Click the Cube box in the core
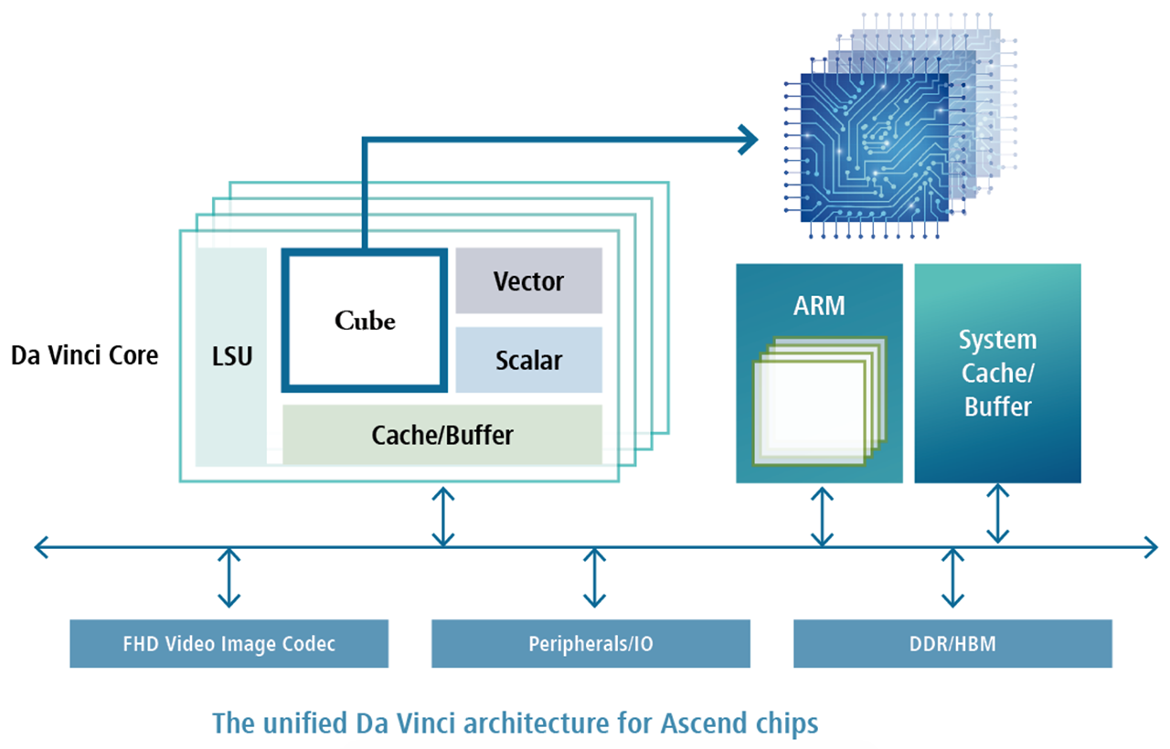(365, 321)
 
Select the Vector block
(528, 281)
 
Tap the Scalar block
(528, 360)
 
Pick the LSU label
(231, 355)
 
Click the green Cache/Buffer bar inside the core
(442, 434)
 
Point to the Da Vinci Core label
(84, 355)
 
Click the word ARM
(819, 305)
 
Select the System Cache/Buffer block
(997, 373)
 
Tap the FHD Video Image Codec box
(229, 644)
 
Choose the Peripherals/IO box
(590, 644)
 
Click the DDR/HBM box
(952, 644)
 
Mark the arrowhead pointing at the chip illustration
(750, 139)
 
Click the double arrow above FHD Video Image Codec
(229, 577)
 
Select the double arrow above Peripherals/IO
(595, 577)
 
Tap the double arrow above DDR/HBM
(953, 577)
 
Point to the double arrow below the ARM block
(823, 517)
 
